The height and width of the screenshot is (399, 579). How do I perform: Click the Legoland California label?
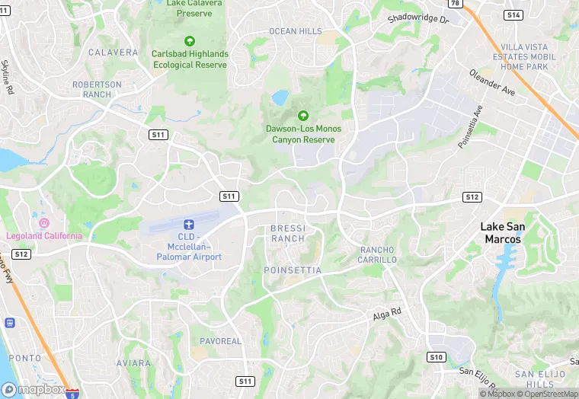click(44, 235)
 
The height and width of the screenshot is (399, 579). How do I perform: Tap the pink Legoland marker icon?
click(44, 223)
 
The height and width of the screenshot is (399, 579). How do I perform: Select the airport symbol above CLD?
click(189, 224)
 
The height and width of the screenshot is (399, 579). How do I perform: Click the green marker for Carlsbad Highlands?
click(190, 41)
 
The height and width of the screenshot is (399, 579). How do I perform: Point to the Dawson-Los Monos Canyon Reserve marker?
click(303, 116)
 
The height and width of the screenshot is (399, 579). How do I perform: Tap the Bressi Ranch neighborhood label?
click(288, 233)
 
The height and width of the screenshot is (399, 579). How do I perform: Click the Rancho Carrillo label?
click(378, 254)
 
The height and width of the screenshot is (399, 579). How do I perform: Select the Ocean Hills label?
click(296, 31)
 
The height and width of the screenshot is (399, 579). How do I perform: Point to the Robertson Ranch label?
click(97, 89)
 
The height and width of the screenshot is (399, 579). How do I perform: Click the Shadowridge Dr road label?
click(418, 18)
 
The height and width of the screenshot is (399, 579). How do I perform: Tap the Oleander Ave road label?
click(492, 82)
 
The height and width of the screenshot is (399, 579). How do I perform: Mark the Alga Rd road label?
click(386, 314)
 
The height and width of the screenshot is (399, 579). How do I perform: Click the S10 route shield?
click(436, 356)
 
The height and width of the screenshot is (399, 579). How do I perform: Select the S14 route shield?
click(513, 15)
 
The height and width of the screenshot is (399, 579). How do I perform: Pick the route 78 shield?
click(455, 4)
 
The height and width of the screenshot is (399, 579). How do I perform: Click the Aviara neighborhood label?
click(133, 363)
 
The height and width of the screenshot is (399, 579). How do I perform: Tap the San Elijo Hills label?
click(535, 378)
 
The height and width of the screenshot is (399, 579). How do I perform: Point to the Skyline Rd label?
click(7, 78)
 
